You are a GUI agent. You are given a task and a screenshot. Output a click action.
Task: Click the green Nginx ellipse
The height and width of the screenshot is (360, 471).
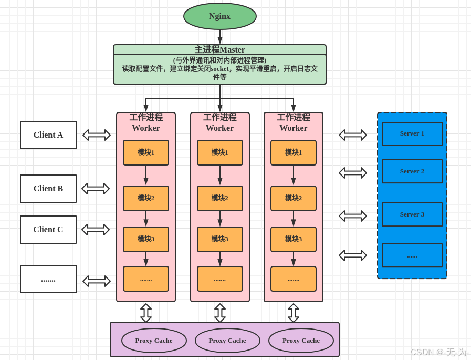219,16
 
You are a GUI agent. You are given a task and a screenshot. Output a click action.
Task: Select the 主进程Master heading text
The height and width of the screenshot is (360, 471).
219,49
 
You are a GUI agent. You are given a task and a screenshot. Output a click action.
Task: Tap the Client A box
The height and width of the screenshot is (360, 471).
48,135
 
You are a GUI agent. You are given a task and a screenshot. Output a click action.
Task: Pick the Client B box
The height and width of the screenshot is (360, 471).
48,189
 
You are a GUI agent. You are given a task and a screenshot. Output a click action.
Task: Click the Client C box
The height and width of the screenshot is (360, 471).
48,230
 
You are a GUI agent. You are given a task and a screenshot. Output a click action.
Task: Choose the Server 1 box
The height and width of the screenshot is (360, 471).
412,133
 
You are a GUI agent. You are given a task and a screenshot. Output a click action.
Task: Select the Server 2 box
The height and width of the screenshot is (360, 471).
412,171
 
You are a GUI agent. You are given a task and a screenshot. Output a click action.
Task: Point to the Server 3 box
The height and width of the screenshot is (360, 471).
412,214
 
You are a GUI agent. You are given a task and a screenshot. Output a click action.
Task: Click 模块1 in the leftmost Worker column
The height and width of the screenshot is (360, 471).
146,152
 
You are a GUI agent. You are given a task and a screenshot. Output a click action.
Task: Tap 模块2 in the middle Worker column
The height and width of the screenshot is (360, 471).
219,198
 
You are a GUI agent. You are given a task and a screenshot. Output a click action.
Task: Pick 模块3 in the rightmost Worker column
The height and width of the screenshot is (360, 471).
293,239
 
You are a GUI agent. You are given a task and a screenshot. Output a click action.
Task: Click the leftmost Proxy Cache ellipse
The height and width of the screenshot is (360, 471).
154,341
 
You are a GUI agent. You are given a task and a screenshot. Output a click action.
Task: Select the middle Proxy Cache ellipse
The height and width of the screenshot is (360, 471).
227,341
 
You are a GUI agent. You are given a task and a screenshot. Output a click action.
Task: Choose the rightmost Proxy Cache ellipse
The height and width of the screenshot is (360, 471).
301,341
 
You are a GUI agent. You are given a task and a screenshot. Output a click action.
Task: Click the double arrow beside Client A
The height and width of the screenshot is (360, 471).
97,135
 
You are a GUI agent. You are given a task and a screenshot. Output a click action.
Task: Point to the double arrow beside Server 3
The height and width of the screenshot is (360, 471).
353,216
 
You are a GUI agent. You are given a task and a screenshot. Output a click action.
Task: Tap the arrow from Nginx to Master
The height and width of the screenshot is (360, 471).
220,37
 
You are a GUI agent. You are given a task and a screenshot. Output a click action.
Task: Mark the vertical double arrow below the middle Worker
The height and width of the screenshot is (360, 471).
220,313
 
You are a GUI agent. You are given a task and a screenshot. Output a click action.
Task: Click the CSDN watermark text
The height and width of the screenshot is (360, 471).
439,352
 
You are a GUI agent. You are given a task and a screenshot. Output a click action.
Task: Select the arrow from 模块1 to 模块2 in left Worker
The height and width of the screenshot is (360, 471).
146,175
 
